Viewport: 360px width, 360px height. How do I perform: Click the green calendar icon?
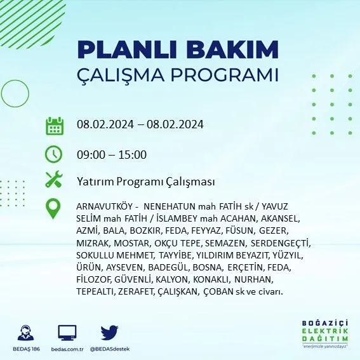[55, 126]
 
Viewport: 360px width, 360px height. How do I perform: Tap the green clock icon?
[53, 154]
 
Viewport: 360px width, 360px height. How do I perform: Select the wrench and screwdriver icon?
[54, 179]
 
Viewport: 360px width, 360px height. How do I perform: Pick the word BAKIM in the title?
[232, 50]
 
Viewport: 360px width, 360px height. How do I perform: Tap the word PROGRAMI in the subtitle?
[225, 75]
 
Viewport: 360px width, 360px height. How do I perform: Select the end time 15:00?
[133, 155]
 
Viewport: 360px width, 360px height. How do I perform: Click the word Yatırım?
[95, 182]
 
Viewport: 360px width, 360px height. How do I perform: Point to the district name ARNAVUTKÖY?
[105, 206]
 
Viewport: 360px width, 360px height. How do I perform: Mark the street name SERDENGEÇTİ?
[279, 243]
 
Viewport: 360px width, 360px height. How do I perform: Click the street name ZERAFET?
[135, 291]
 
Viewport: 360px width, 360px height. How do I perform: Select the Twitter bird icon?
[109, 333]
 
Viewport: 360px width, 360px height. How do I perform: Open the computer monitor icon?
[67, 333]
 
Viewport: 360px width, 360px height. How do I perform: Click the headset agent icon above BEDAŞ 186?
[25, 333]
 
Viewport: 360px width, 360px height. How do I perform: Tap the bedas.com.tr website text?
[67, 349]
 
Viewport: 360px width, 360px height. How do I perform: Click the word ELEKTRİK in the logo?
[325, 331]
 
